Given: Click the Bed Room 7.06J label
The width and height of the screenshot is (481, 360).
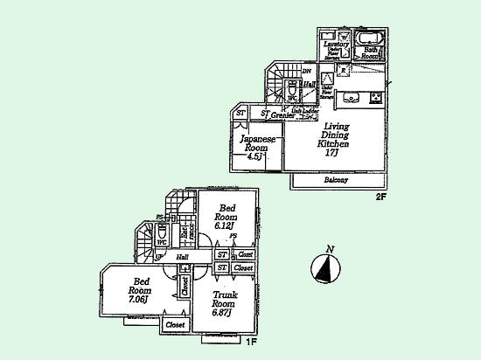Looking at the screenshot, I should [x=141, y=289].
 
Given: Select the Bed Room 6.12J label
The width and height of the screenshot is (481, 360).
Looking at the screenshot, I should [x=227, y=215].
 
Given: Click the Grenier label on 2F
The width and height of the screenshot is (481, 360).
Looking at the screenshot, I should [x=281, y=114].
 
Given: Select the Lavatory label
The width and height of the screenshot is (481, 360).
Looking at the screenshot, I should [x=336, y=44].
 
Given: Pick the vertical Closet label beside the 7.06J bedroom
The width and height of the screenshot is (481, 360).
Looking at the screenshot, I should [x=185, y=286].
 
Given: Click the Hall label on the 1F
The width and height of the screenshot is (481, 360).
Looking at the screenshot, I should [x=182, y=258].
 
